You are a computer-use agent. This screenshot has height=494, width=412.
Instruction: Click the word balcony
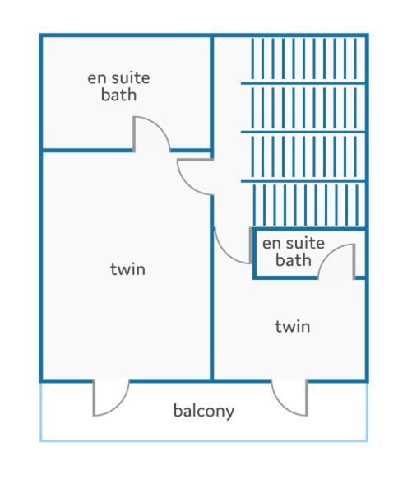coord(204,411)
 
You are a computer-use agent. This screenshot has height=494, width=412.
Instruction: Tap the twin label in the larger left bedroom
coord(127,269)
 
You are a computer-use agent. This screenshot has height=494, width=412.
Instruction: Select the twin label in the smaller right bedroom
coord(293,326)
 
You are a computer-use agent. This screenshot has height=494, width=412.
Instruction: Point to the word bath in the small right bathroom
coord(294,260)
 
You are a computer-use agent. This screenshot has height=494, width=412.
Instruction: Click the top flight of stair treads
coord(304,58)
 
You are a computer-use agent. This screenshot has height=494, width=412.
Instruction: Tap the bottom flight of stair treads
coord(305,205)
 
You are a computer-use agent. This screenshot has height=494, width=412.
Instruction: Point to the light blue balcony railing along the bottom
coord(204,440)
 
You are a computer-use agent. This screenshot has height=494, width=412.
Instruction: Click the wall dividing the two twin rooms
coord(212,287)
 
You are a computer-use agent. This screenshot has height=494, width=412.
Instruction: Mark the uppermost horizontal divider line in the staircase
coord(303,83)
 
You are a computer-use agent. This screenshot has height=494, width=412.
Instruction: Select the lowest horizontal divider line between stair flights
coord(303,181)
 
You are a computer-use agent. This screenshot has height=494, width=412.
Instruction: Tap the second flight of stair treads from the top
coord(304,108)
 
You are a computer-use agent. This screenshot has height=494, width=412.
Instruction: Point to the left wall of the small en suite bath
coord(254,253)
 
